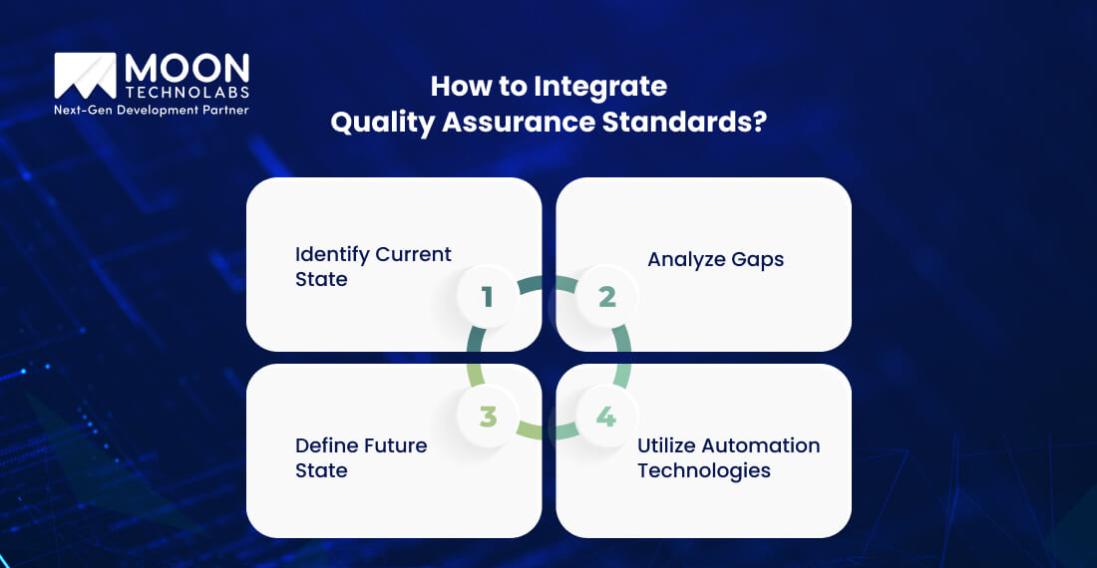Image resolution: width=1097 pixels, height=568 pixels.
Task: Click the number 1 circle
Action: (487, 296)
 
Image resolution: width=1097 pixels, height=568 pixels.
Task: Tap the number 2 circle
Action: (606, 296)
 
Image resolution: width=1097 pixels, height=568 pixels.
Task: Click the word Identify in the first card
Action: (331, 254)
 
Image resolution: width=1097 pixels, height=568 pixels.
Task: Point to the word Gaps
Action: (756, 259)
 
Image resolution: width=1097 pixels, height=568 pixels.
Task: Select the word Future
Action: (394, 444)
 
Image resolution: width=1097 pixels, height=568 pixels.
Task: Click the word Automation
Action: (764, 444)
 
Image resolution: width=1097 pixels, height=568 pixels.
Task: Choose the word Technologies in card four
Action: (704, 470)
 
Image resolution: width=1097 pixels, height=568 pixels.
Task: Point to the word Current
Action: (413, 254)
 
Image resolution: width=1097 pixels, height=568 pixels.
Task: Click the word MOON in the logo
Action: (186, 68)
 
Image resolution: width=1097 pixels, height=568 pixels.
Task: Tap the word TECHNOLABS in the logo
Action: (186, 92)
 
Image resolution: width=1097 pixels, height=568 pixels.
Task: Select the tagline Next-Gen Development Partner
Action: (151, 110)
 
